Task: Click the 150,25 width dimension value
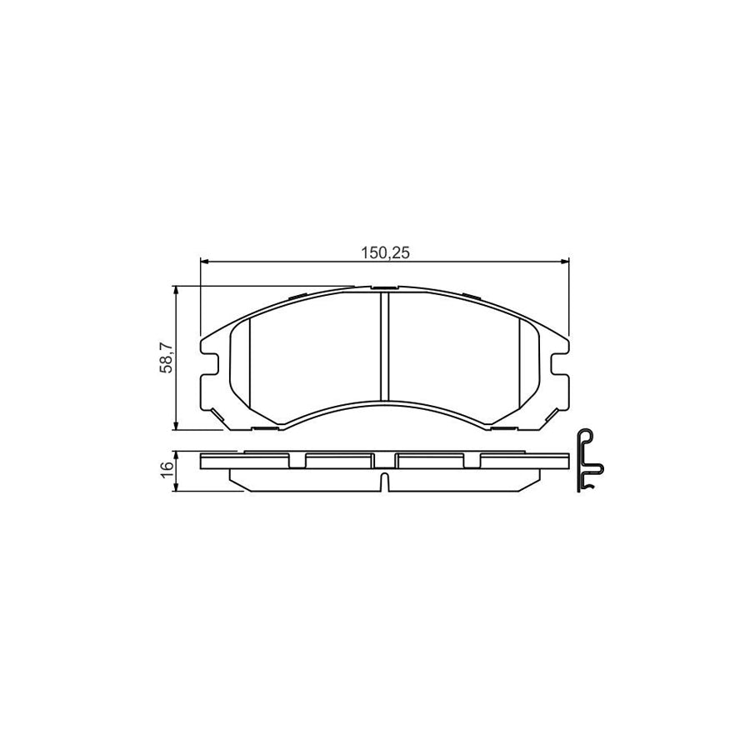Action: [x=386, y=253]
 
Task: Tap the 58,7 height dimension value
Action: [x=166, y=358]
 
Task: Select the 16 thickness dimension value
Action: [x=166, y=469]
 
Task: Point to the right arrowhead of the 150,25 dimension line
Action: [x=564, y=261]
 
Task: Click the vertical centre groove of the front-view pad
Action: [x=384, y=346]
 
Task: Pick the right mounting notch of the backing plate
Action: [x=560, y=364]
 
